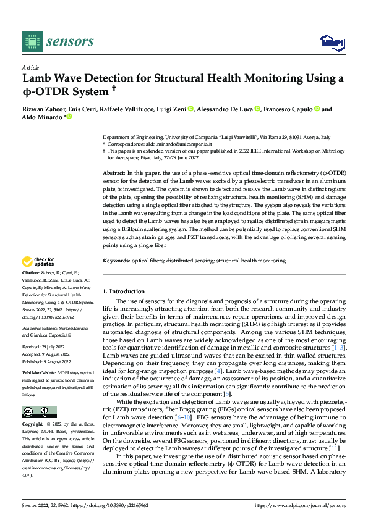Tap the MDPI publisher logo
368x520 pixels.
click(332, 41)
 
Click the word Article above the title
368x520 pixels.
click(30, 67)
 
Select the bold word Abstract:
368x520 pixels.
click(114, 174)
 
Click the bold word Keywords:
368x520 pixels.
click(116, 261)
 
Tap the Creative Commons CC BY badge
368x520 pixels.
click(39, 411)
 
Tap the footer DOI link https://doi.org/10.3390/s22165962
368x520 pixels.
click(109, 505)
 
